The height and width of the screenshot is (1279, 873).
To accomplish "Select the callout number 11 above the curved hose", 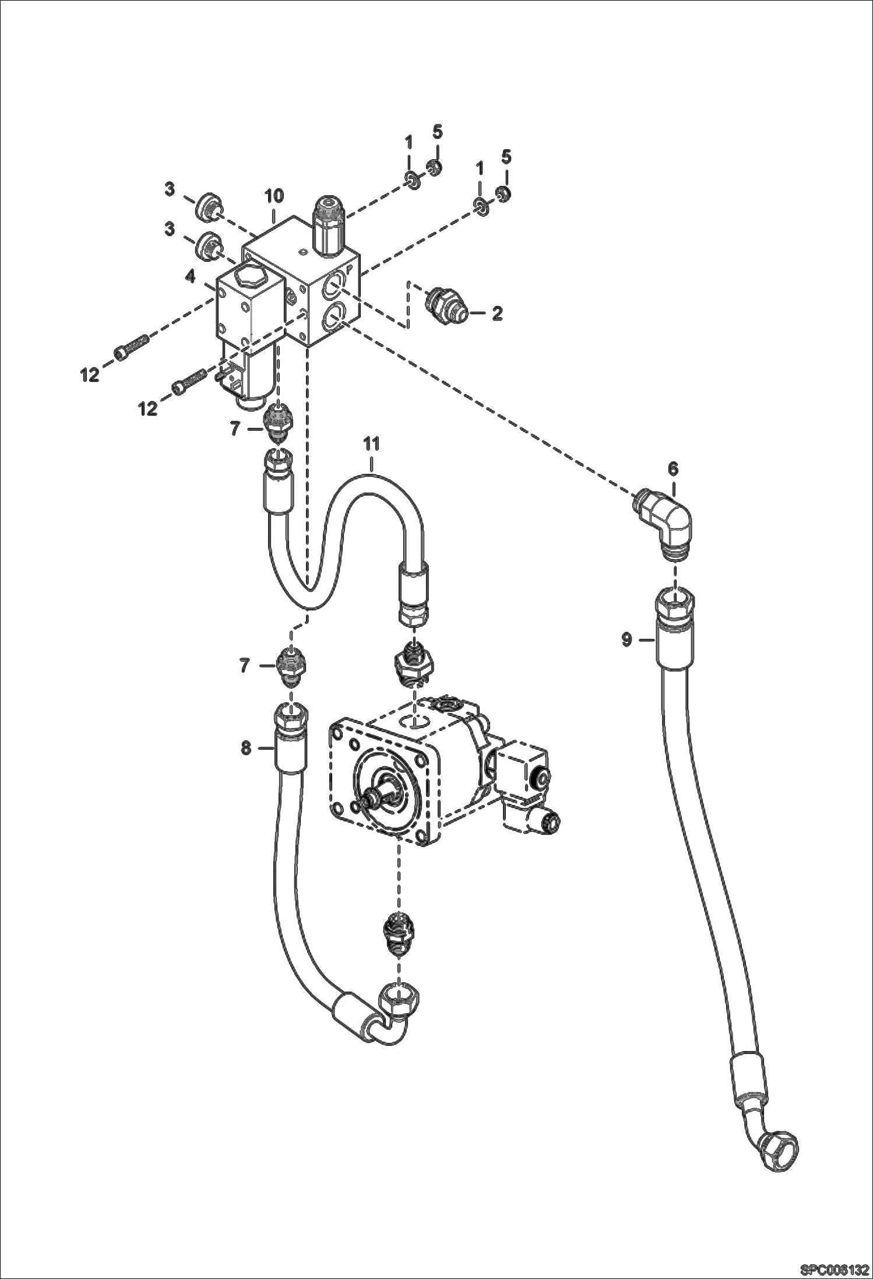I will point(371,444).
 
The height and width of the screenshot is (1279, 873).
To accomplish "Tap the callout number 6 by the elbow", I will point(673,468).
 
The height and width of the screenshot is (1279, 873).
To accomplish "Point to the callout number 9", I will point(626,639).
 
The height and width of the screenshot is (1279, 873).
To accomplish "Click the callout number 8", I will point(246,748).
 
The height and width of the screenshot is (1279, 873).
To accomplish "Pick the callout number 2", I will point(497,314).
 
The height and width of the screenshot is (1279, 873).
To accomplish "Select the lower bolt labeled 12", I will point(189,382).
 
